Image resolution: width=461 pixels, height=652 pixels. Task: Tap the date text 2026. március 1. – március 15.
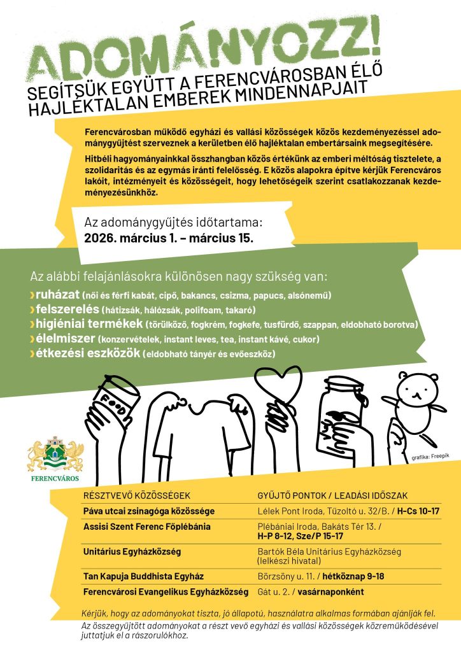pyautogui.click(x=169, y=239)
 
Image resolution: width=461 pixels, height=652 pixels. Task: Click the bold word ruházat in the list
pyautogui.click(x=57, y=296)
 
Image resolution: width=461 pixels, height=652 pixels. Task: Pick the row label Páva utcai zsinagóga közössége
pyautogui.click(x=148, y=511)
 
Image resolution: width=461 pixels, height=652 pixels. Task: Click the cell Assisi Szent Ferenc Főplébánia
pyautogui.click(x=146, y=527)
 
